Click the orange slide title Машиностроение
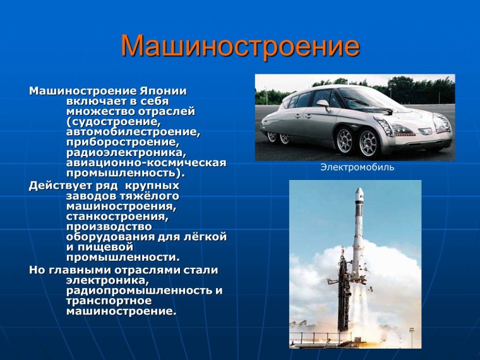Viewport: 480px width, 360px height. (240, 46)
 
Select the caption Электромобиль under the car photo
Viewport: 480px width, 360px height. (357, 167)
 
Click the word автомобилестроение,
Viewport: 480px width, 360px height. (133, 132)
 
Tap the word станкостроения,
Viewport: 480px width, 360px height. (117, 216)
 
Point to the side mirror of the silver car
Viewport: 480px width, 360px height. (323, 103)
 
